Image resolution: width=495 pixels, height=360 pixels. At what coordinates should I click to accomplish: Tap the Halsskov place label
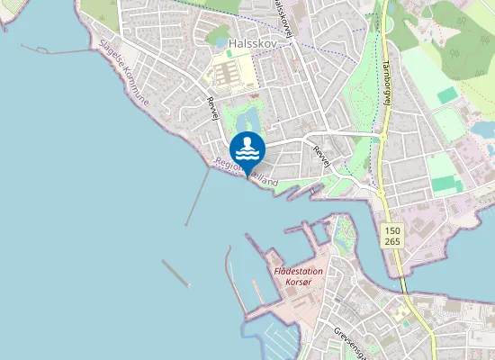pyautogui.click(x=251, y=42)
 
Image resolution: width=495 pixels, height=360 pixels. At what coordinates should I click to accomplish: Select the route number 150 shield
pyautogui.click(x=391, y=230)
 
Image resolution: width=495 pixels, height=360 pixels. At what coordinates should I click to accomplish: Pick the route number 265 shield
pyautogui.click(x=391, y=242)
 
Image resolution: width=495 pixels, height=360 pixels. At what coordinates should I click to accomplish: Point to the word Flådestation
pyautogui.click(x=297, y=270)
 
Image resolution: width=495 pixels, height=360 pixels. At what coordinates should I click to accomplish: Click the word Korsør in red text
pyautogui.click(x=297, y=282)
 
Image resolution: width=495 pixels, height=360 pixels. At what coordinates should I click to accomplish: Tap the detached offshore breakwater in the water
pyautogui.click(x=175, y=273)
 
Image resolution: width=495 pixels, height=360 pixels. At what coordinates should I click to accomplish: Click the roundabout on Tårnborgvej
pyautogui.click(x=381, y=136)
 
